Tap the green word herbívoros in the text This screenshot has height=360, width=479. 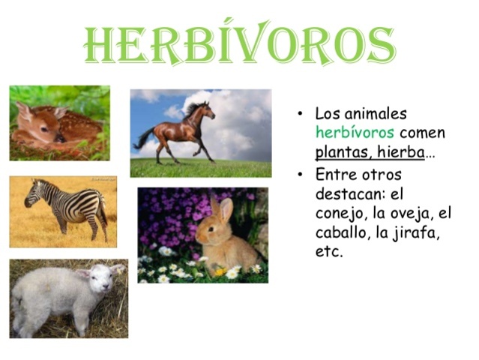click(x=355, y=133)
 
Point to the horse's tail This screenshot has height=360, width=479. click(x=142, y=138)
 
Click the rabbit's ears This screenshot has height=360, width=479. click(x=220, y=208)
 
